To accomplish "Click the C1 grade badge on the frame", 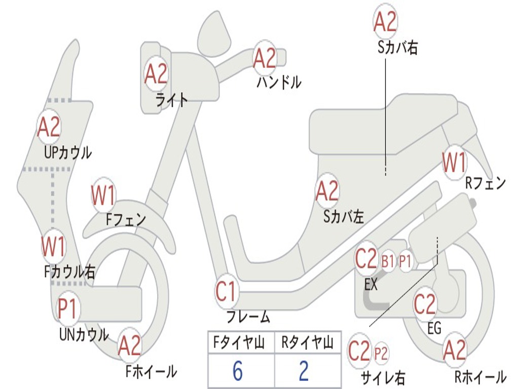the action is [227, 291].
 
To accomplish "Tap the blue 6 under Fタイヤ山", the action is [238, 370].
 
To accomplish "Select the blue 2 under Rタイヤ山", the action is [304, 370].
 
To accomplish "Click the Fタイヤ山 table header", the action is [239, 342].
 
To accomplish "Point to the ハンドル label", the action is [279, 82].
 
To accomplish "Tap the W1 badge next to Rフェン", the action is [454, 162].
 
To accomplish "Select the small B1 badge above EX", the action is [388, 261].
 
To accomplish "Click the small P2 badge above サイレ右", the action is [381, 353].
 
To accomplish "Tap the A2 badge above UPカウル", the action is [49, 126].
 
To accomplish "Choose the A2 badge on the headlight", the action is [156, 73].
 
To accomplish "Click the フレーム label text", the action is [248, 317].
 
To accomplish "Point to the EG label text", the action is [434, 328].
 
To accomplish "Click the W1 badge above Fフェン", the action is [103, 195].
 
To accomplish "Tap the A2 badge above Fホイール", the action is [129, 346].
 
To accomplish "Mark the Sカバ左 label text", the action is [344, 217].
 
